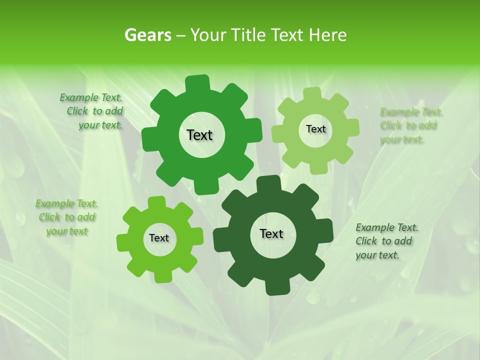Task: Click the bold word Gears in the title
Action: click(147, 35)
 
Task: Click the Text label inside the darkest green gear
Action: click(271, 233)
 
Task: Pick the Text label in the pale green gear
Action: click(315, 129)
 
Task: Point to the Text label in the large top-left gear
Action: click(199, 135)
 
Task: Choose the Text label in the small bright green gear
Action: click(159, 238)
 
